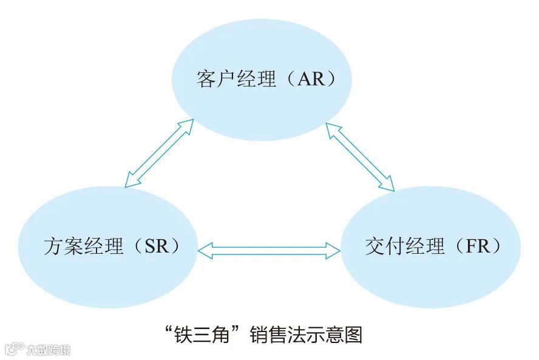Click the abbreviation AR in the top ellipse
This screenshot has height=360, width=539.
click(x=310, y=79)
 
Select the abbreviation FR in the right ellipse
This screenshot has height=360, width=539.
click(x=480, y=246)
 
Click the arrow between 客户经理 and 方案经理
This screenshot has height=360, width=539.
click(x=158, y=152)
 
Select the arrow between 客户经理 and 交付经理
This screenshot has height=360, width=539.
click(x=359, y=157)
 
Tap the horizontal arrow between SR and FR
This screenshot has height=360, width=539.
click(x=270, y=250)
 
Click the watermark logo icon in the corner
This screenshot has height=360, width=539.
click(x=12, y=350)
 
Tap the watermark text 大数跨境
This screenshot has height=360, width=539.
click(x=47, y=350)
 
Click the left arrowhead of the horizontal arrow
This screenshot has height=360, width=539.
click(x=205, y=250)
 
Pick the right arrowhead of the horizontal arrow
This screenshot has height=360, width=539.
click(x=335, y=250)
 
